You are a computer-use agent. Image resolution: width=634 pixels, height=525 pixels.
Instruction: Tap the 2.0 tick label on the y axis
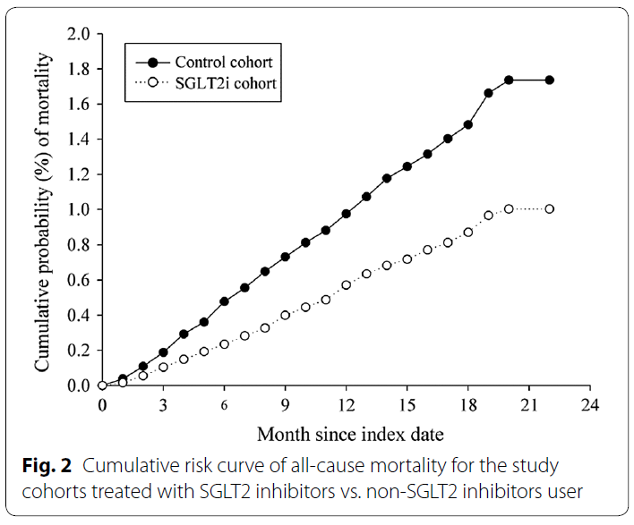pos(79,34)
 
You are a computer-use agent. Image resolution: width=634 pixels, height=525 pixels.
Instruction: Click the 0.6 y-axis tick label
pos(79,280)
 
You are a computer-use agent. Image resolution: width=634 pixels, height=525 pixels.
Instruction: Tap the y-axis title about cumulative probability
pos(42,210)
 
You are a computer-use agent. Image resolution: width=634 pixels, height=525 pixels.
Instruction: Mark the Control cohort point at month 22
pos(549,80)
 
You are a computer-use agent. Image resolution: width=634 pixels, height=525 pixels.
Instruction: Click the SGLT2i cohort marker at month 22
pos(549,208)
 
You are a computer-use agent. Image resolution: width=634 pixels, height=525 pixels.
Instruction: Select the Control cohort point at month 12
pos(346,214)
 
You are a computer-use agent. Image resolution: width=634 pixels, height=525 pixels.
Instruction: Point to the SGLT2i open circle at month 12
pos(346,285)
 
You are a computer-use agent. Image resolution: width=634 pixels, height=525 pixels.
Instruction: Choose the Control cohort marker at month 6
pos(224,301)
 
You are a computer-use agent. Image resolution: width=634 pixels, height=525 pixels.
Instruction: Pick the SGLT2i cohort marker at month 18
pos(467,233)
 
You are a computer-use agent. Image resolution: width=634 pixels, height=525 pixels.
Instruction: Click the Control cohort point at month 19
pos(488,93)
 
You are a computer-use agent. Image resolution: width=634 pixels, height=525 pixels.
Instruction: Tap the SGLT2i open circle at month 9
pos(285,315)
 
